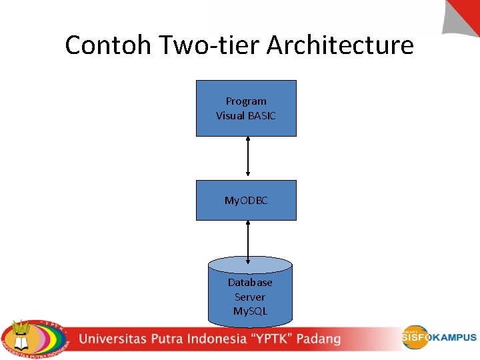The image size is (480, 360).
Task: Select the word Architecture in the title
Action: pyautogui.click(x=340, y=45)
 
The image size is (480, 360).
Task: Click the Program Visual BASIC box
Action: pyautogui.click(x=246, y=108)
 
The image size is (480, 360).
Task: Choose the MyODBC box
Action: pyautogui.click(x=246, y=200)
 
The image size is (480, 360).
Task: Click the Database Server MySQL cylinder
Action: pyautogui.click(x=250, y=293)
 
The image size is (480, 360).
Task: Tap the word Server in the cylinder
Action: pyautogui.click(x=250, y=297)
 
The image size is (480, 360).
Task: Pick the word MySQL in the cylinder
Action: pyautogui.click(x=250, y=311)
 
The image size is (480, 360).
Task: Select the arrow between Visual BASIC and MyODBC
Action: pyautogui.click(x=248, y=158)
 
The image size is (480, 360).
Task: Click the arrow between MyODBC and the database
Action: pyautogui.click(x=248, y=241)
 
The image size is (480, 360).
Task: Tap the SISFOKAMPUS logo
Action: pyautogui.click(x=439, y=337)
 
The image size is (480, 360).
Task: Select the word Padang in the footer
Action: pyautogui.click(x=318, y=339)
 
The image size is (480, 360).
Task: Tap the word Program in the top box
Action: pyautogui.click(x=246, y=101)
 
